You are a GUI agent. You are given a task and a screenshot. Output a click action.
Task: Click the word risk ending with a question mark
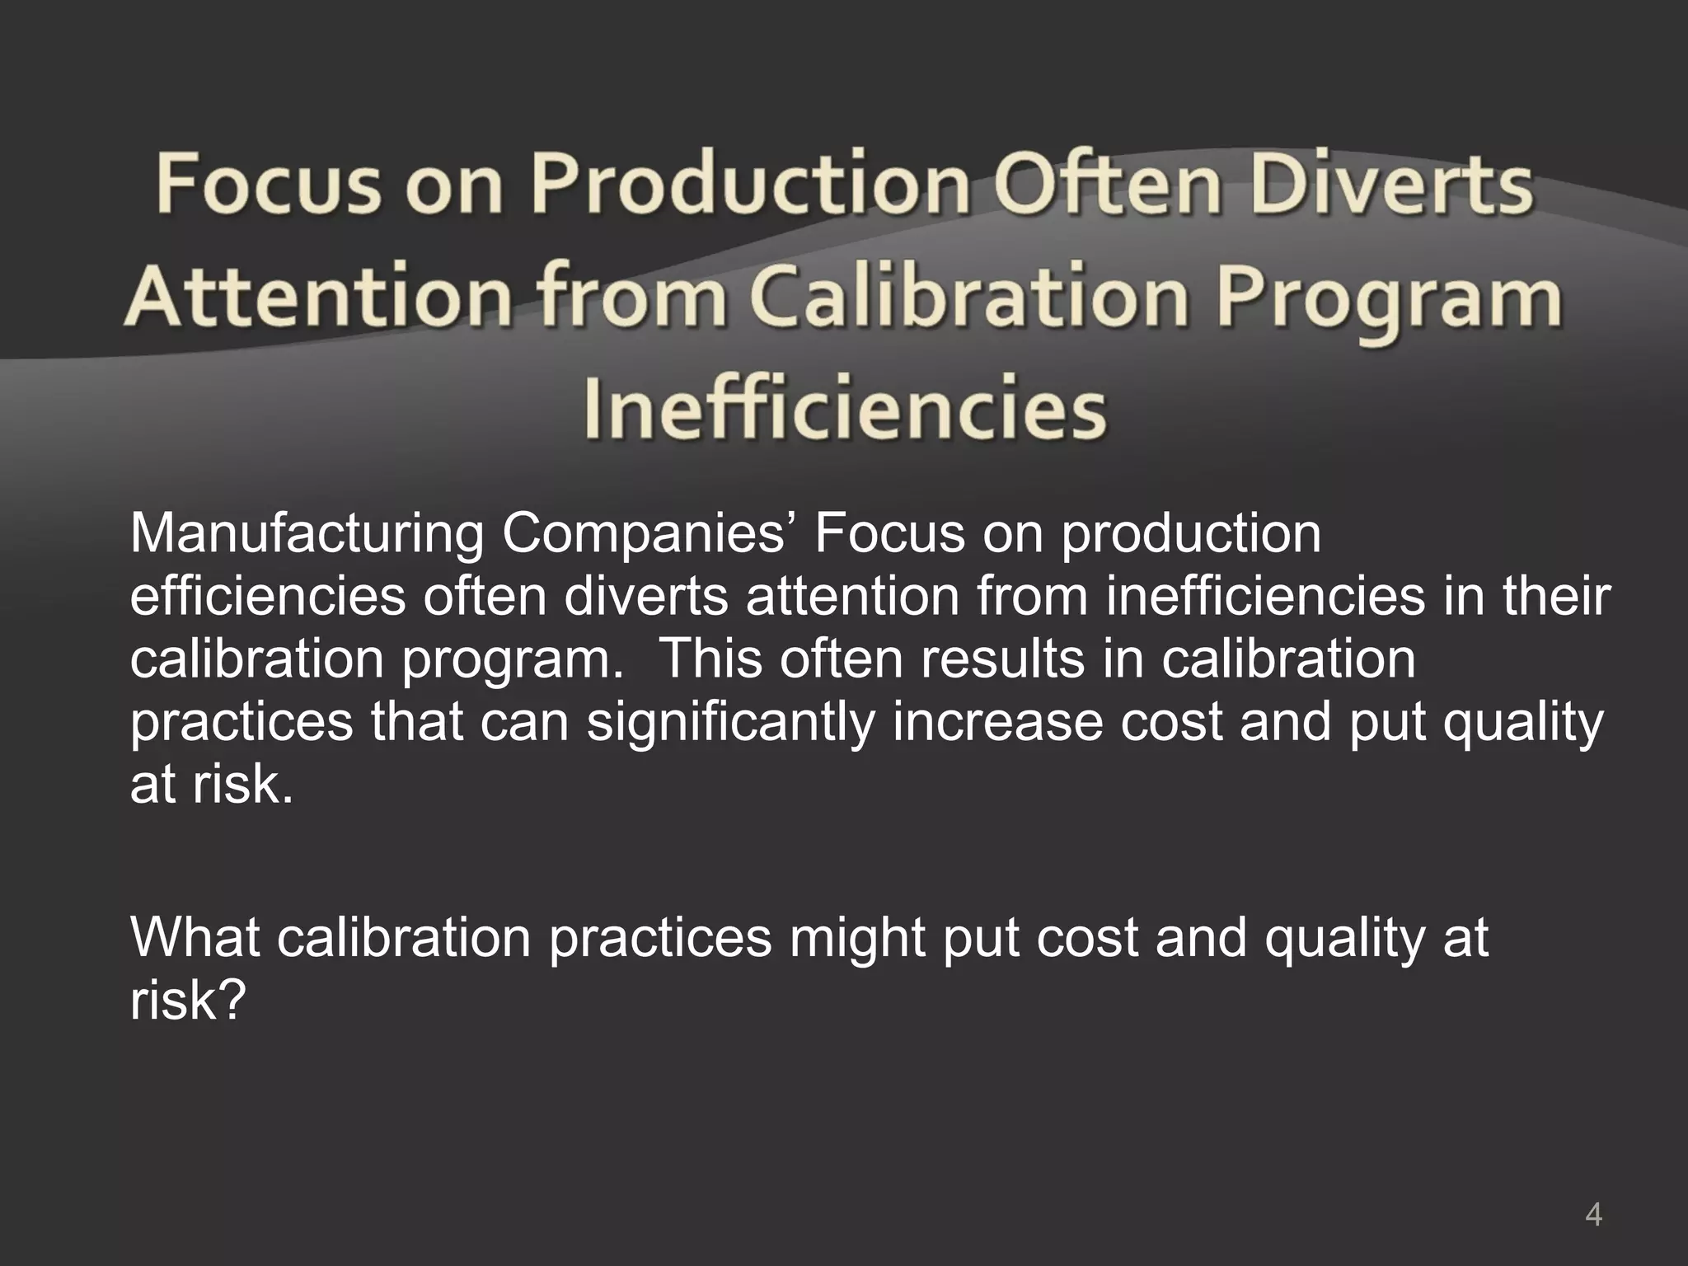coord(188,1000)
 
